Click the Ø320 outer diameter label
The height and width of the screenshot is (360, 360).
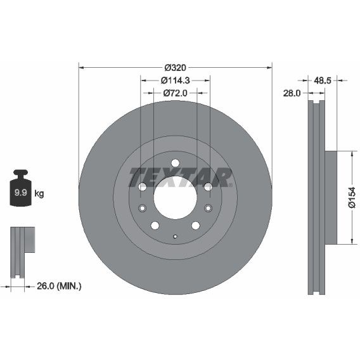(x=176, y=68)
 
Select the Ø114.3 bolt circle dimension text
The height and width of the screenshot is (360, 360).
(x=176, y=80)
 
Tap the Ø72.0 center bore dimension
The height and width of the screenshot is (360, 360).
(x=176, y=93)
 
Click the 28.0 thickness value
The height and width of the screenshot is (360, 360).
(x=292, y=93)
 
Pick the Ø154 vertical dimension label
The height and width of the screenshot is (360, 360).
(x=352, y=198)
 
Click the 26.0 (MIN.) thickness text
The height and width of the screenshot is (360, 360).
(x=59, y=286)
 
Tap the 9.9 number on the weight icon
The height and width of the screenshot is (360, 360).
(x=21, y=193)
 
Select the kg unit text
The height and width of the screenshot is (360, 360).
(x=39, y=193)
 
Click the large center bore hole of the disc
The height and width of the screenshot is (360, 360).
(x=176, y=198)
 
